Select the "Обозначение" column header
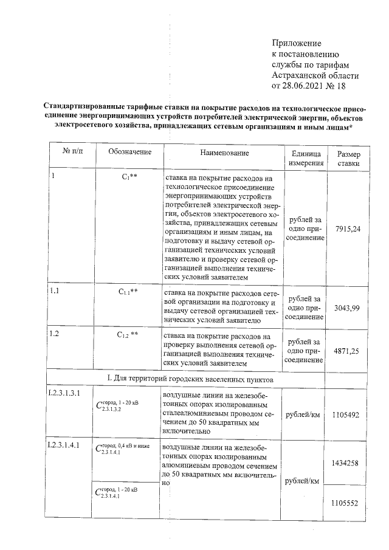(129, 152)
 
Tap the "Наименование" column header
(224, 153)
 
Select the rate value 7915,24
(348, 228)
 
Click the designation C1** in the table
(129, 177)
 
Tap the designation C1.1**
(129, 292)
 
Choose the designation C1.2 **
(129, 335)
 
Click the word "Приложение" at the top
(296, 43)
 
